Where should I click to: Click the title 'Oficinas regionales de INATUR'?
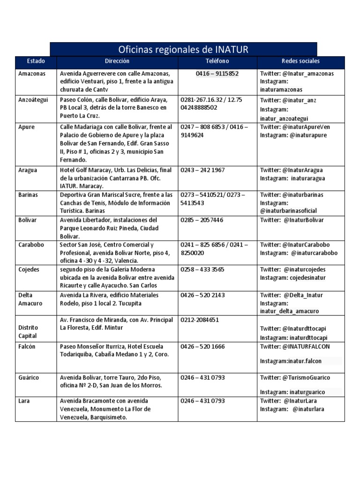coord(183,49)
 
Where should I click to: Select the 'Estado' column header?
coord(36,61)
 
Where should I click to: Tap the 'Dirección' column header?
coord(117,61)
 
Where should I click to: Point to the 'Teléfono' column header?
coord(217,61)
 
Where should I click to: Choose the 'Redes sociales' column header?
coord(300,61)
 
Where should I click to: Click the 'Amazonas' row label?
coord(31,74)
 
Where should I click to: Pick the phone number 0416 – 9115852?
coord(217,74)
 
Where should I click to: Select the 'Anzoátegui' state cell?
coord(33,100)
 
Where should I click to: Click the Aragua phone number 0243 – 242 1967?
coord(202,170)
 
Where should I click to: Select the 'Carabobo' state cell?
coord(31,245)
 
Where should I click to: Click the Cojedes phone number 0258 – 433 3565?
coord(202,270)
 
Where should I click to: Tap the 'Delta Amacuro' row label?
coord(30,299)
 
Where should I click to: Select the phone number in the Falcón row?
coord(202,346)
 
